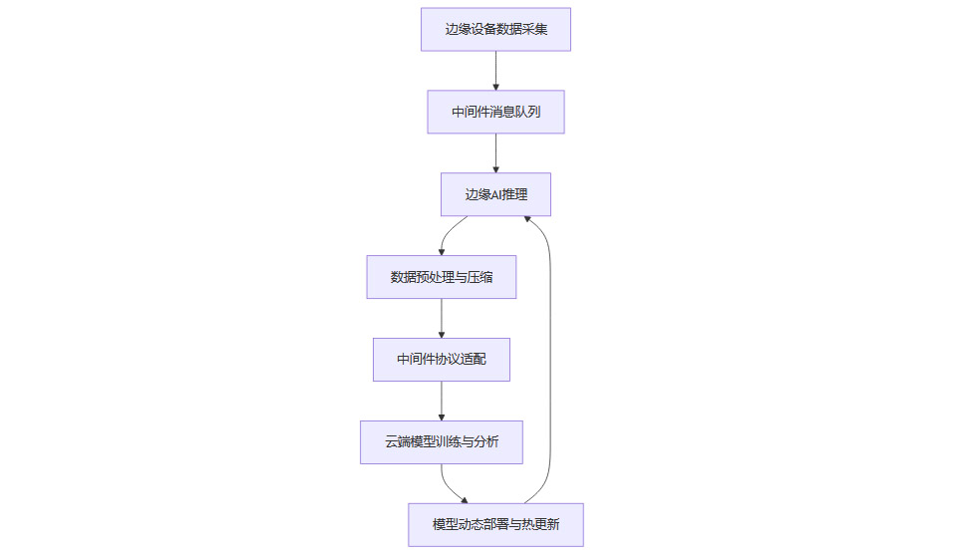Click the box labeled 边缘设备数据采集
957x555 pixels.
click(495, 29)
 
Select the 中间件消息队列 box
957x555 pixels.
click(495, 112)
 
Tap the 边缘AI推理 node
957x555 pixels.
click(495, 194)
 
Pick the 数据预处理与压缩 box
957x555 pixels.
click(441, 277)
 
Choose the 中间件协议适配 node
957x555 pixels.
click(441, 359)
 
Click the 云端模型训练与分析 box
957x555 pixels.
click(441, 441)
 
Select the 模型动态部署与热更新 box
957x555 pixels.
click(495, 524)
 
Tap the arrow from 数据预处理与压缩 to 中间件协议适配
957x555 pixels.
click(441, 318)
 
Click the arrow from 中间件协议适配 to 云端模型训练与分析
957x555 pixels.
click(441, 401)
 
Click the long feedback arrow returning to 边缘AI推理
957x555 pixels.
click(550, 359)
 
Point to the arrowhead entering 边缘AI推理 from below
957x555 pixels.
click(527, 220)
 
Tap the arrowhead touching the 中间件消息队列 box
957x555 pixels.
click(495, 87)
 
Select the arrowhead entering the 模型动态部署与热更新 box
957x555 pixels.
click(464, 500)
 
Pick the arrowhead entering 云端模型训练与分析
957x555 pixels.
click(441, 416)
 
